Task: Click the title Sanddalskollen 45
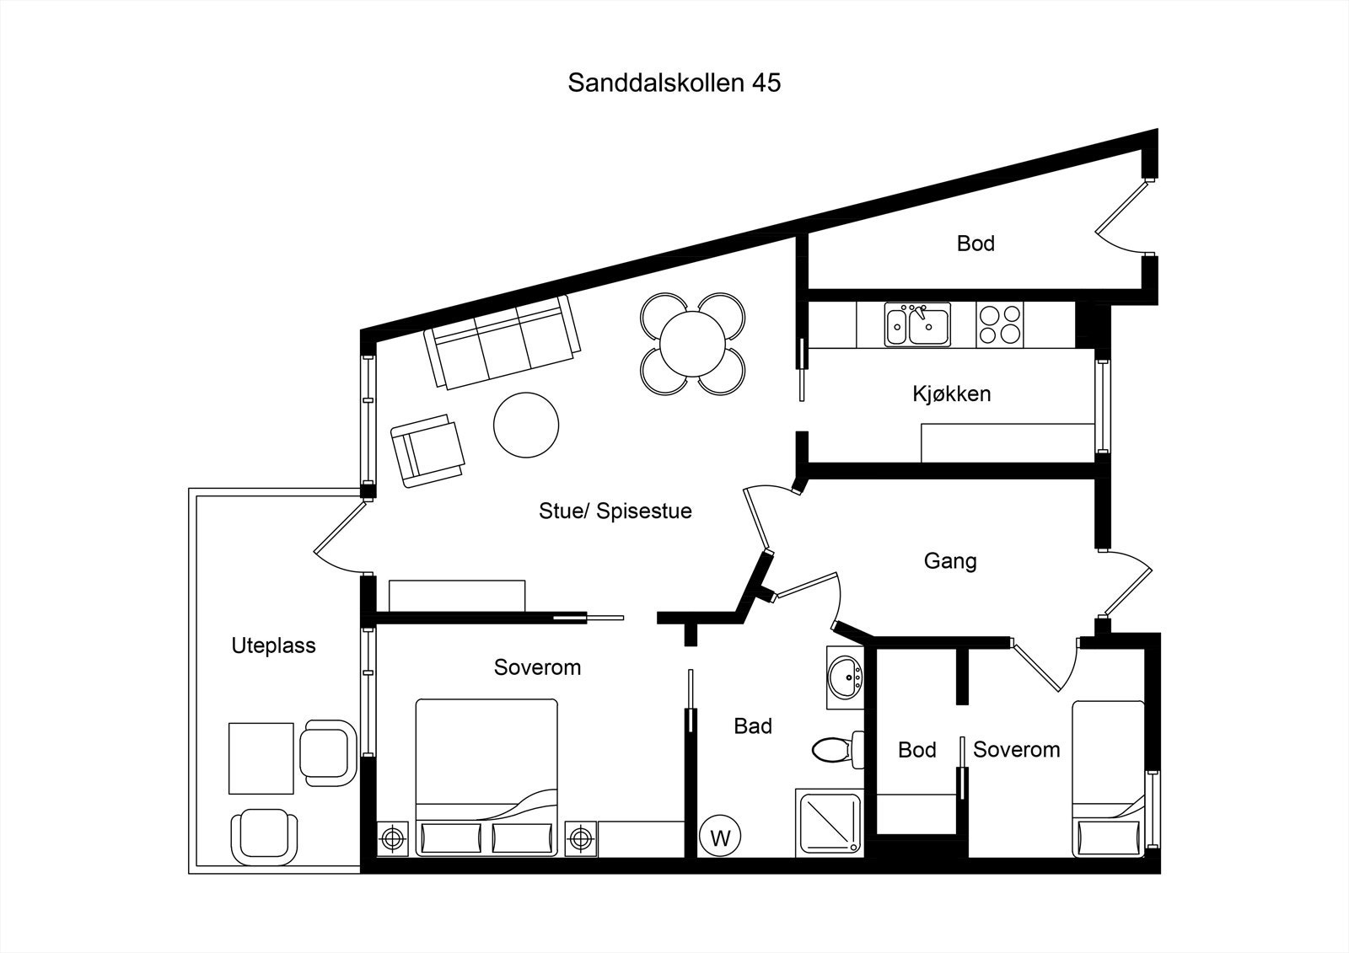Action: coord(674,83)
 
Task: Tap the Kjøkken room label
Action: coord(951,394)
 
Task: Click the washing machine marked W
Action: coord(720,838)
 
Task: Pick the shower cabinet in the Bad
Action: coord(829,822)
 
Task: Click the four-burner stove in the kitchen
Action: coord(1001,324)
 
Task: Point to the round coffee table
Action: coord(526,425)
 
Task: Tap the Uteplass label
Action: coord(273,645)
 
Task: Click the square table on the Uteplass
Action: coord(261,758)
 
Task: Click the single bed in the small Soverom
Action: coord(1108,779)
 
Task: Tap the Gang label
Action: coord(950,560)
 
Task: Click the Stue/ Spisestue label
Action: coord(615,511)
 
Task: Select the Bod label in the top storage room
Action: coord(975,244)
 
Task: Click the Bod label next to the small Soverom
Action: coord(916,750)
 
